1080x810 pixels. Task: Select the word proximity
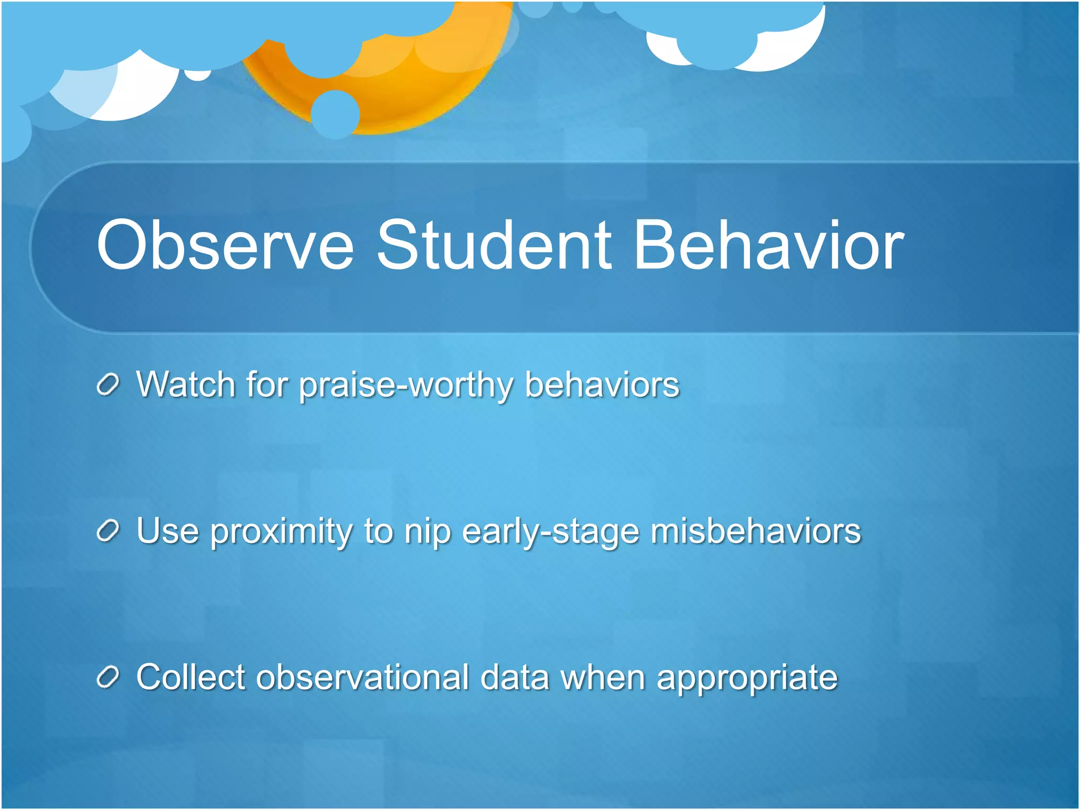pyautogui.click(x=281, y=532)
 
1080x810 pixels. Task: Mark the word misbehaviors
pyautogui.click(x=756, y=531)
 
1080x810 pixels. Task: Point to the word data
pyautogui.click(x=515, y=677)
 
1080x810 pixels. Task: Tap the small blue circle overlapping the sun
pyautogui.click(x=335, y=114)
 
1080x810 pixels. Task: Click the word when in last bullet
pyautogui.click(x=603, y=677)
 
